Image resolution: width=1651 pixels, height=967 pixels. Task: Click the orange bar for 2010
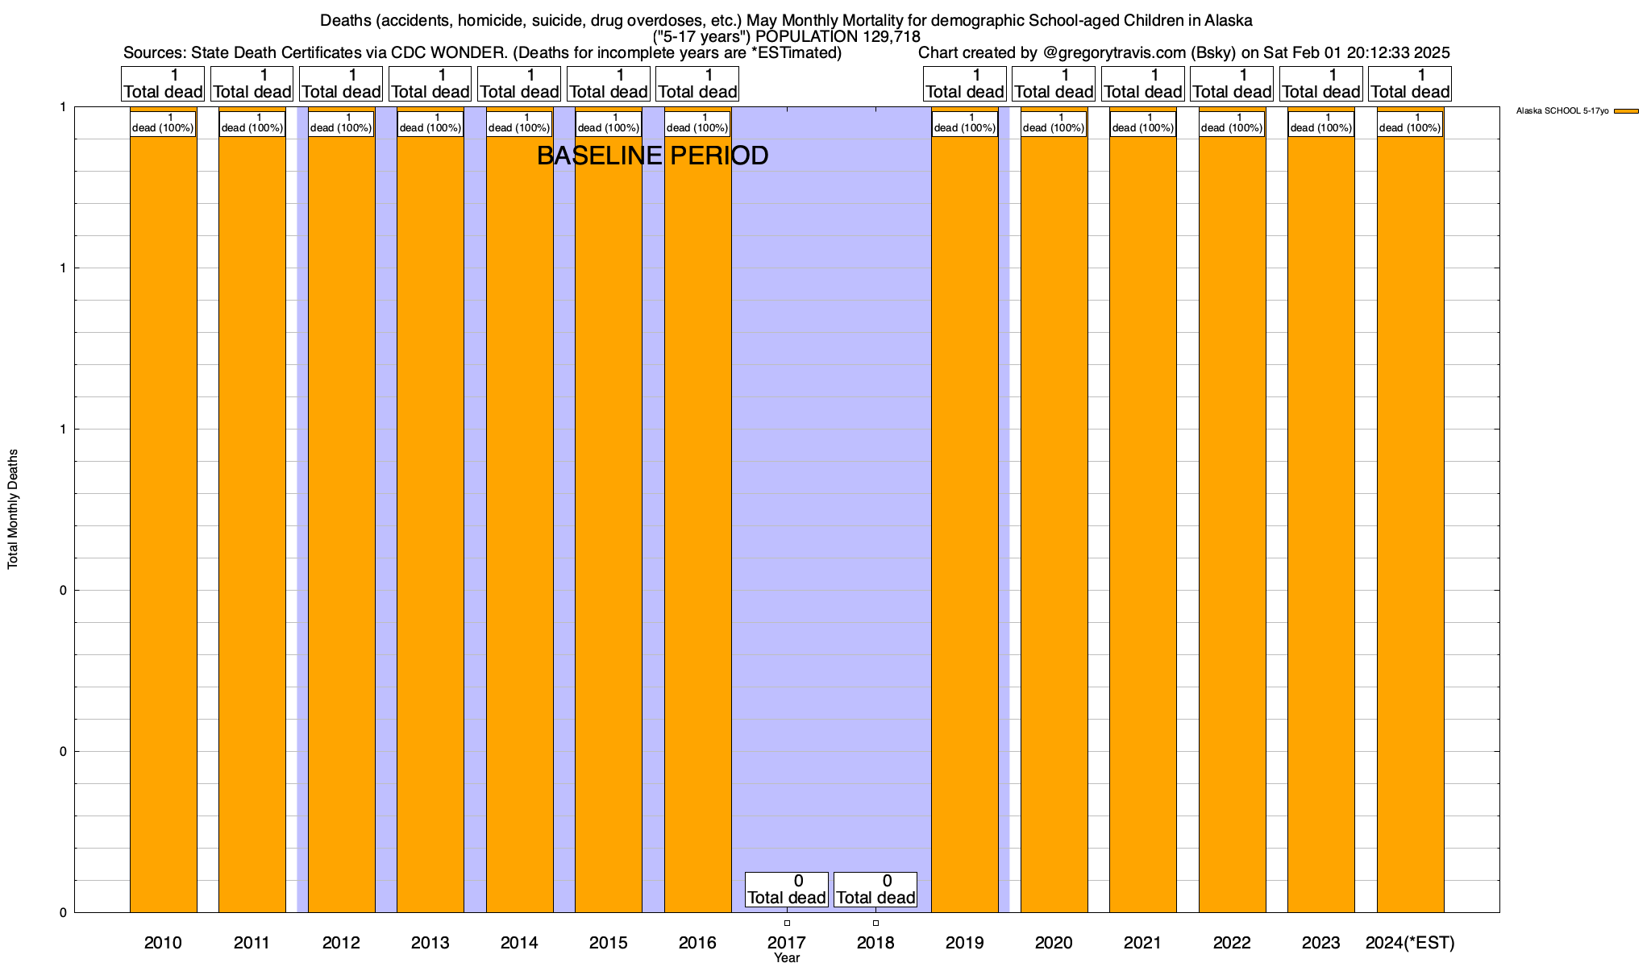(x=163, y=524)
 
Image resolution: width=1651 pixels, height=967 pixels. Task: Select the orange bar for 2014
(x=519, y=524)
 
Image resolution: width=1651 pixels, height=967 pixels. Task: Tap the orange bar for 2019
(x=965, y=524)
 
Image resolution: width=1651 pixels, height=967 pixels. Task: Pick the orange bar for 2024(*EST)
(x=1410, y=524)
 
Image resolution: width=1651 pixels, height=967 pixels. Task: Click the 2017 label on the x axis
(x=786, y=943)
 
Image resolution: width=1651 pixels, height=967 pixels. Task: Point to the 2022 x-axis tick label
(x=1232, y=943)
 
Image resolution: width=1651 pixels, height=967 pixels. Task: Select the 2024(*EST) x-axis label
(x=1410, y=943)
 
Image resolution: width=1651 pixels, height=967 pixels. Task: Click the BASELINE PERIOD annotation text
(x=652, y=156)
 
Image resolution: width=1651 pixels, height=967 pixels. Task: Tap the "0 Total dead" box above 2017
(x=786, y=890)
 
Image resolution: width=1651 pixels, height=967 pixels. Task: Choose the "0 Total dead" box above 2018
(x=875, y=890)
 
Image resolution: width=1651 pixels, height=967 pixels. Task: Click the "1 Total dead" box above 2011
(x=252, y=84)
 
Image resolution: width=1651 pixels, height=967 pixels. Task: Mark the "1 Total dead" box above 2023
(x=1320, y=84)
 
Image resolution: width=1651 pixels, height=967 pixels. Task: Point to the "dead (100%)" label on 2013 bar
(x=430, y=124)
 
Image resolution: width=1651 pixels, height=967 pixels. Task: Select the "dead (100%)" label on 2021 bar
(x=1142, y=124)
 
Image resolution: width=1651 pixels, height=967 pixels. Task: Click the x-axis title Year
(x=786, y=958)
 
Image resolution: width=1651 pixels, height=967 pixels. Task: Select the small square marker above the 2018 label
(x=875, y=923)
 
